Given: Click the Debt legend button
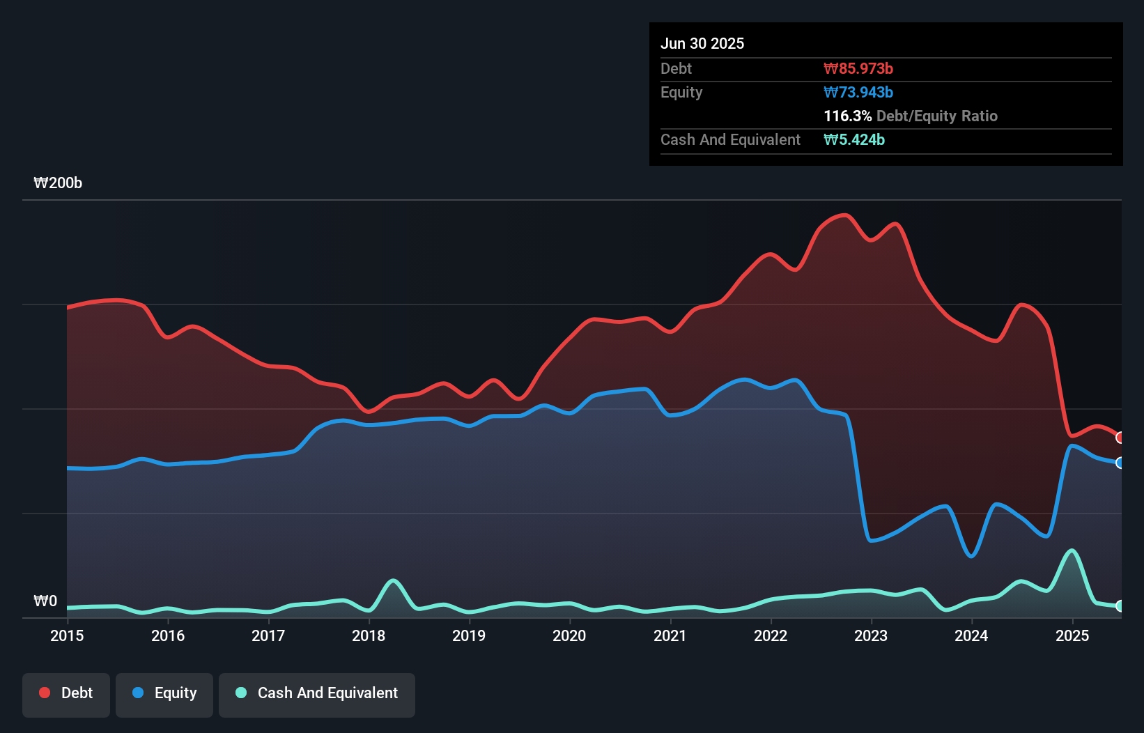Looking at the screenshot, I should (66, 693).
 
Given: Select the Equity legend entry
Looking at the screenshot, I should (164, 693).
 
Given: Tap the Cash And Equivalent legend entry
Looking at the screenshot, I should (317, 693).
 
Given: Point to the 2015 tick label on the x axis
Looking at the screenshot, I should (67, 635).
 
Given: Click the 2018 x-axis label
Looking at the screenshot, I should (369, 635).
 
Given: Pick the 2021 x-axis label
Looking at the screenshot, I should (670, 635).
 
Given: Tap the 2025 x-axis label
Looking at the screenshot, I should (1072, 635).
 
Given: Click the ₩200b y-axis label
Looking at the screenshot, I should (58, 183).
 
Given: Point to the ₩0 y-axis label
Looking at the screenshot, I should (45, 601).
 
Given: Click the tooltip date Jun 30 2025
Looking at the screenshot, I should (702, 43).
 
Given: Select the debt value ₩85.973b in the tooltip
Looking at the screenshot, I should (858, 68).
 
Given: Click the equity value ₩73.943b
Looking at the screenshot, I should (858, 92).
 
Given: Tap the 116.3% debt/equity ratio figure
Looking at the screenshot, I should (847, 116).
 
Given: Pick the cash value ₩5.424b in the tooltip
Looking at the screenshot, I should (853, 139).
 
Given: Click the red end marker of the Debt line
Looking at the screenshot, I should (1120, 438).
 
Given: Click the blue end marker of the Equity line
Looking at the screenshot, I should (1120, 463).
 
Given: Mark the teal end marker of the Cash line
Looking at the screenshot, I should (1120, 606).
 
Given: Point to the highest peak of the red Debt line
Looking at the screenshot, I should (845, 215).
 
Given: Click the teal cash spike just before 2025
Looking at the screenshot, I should (1072, 550).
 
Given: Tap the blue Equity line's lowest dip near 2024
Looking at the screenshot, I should (971, 556).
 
